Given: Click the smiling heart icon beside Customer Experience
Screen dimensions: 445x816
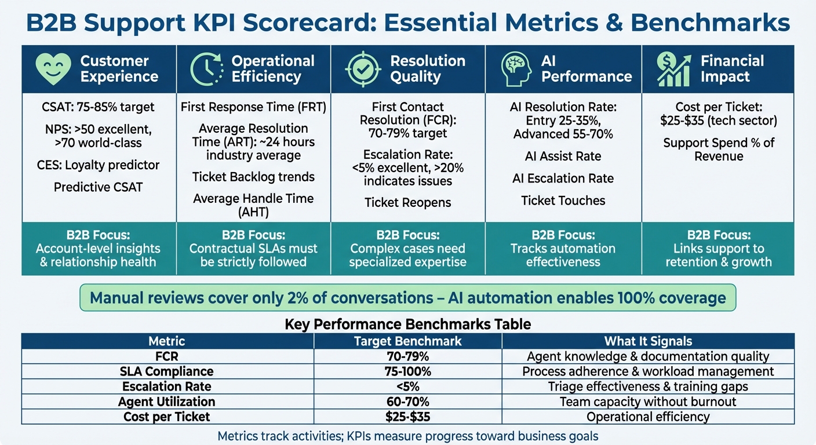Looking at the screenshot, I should pos(53,69).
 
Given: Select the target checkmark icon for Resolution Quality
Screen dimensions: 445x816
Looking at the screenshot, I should pos(363,69).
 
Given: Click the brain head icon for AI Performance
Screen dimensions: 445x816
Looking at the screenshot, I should pos(516,69).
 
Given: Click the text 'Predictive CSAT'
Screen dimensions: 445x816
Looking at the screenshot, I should pos(99,187).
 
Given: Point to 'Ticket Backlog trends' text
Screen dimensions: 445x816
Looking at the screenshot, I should pos(253,177).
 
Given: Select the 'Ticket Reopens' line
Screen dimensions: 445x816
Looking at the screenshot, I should pos(407,203).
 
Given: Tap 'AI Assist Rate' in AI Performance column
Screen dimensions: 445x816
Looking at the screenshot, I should pos(563,156).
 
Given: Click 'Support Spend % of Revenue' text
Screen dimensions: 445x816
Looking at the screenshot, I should pos(719,149).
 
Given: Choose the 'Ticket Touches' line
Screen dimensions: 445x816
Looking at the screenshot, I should pos(563,200).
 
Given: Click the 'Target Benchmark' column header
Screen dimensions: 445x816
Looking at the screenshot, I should pos(407,341).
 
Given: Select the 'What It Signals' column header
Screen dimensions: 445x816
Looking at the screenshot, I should pos(648,341).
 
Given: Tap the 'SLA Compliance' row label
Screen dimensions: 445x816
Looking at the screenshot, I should pos(167,371).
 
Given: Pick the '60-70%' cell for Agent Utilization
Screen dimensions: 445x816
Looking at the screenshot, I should pos(407,402).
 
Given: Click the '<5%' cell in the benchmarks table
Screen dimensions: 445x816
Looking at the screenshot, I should pos(407,386).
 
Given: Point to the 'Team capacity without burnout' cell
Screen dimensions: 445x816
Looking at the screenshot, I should pos(648,402).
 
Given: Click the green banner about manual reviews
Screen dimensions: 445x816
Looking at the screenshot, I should pos(407,298).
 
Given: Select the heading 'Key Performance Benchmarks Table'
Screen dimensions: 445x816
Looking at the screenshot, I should pos(407,324).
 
